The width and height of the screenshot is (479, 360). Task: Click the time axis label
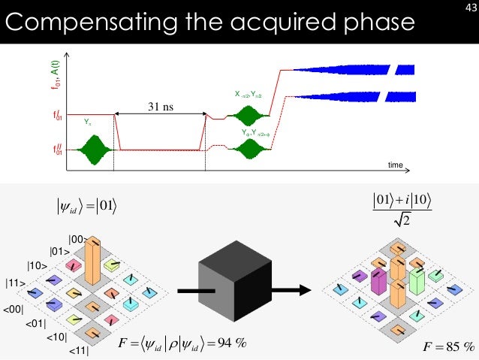pos(396,163)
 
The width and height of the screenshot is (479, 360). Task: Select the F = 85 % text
pos(448,346)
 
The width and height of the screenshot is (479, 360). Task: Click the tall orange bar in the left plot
pos(95,259)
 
